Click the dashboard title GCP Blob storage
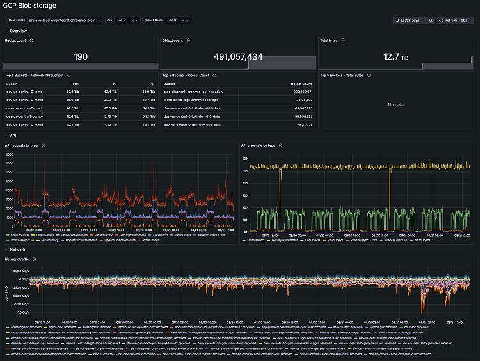click(29, 6)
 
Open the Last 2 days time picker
click(409, 20)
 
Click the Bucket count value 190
click(81, 57)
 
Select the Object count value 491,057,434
click(237, 57)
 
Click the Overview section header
click(19, 31)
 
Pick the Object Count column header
click(301, 83)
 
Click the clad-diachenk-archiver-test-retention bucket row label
click(193, 92)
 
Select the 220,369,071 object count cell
click(301, 92)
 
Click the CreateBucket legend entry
click(21, 235)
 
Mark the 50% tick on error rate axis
click(246, 172)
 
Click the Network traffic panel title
click(18, 259)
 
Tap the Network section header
click(18, 249)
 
